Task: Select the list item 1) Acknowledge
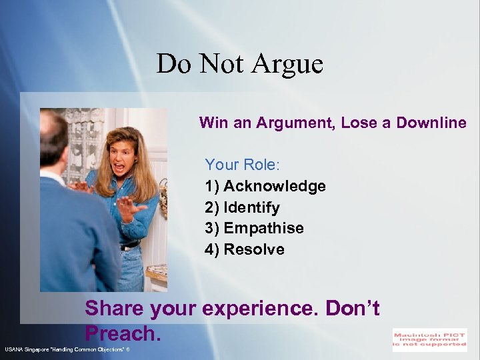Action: [x=265, y=186]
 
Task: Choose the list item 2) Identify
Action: [x=243, y=207]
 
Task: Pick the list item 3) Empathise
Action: [x=255, y=228]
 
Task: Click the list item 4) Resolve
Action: [x=245, y=249]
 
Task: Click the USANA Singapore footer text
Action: [x=67, y=349]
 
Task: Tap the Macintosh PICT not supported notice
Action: [x=429, y=339]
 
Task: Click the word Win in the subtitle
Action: [x=213, y=123]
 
